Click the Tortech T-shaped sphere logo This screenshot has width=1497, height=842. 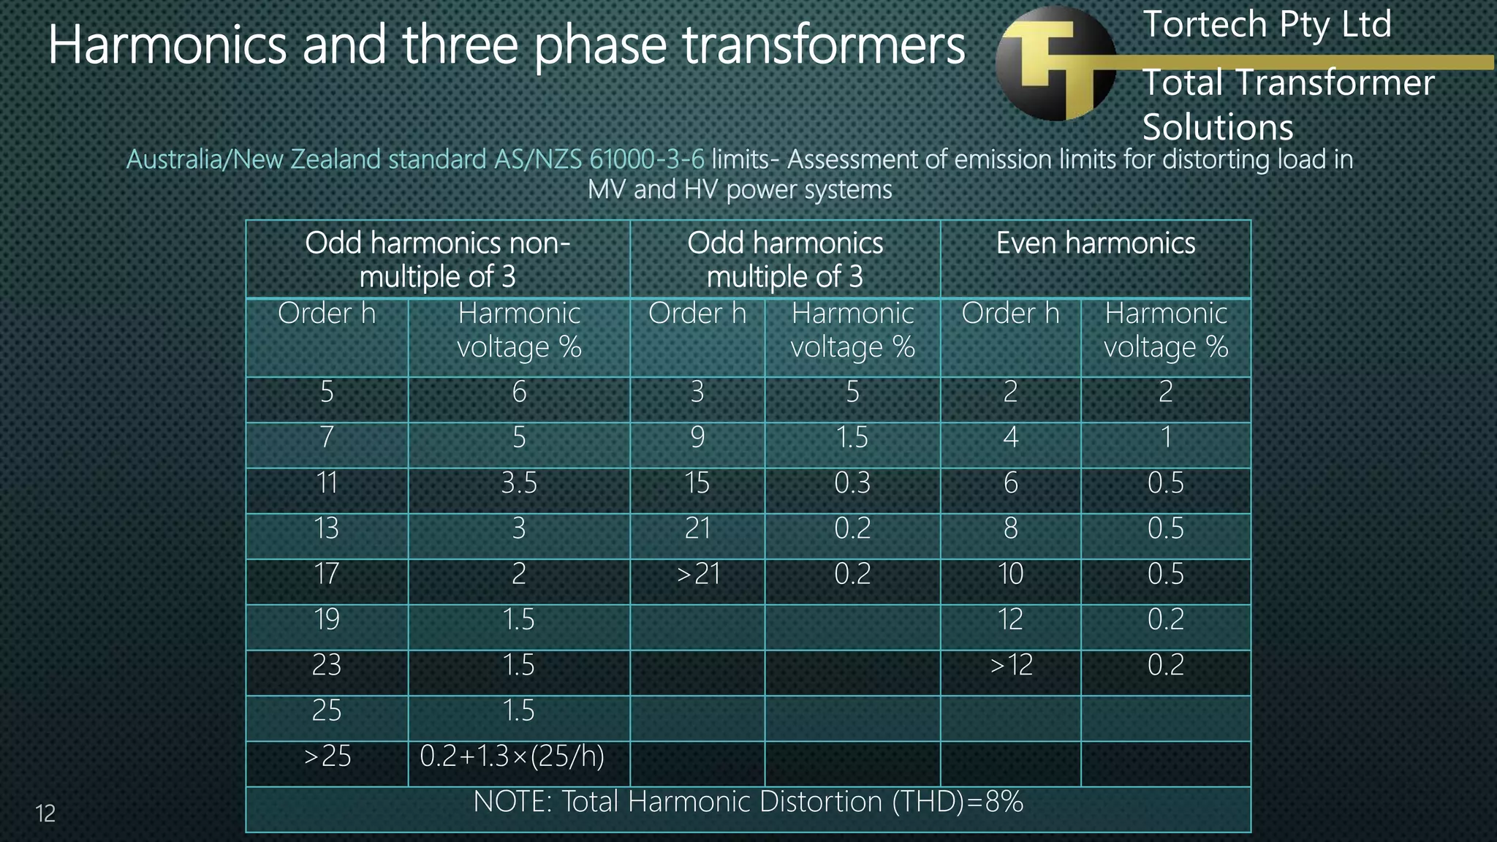pyautogui.click(x=1056, y=64)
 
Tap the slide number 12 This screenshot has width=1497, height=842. pyautogui.click(x=45, y=813)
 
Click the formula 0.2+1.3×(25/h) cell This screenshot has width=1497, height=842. pyautogui.click(x=512, y=756)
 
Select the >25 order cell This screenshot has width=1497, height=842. pyautogui.click(x=327, y=756)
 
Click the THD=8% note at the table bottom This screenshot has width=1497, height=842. pyautogui.click(x=748, y=803)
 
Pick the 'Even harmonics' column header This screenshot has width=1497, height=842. pyautogui.click(x=1095, y=243)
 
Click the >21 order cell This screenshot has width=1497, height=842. pyautogui.click(x=698, y=574)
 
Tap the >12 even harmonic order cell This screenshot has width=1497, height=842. pyautogui.click(x=1011, y=665)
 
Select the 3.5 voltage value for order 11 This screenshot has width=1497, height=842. pyautogui.click(x=519, y=483)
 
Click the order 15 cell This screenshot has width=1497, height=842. pyautogui.click(x=697, y=483)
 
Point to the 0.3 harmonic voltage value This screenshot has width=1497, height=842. pyautogui.click(x=852, y=483)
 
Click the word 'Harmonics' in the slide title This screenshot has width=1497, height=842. pyautogui.click(x=167, y=45)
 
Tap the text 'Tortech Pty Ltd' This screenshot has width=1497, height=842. pyautogui.click(x=1267, y=25)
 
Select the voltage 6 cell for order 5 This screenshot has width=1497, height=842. pyautogui.click(x=519, y=392)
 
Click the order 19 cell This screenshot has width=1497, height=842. pyautogui.click(x=327, y=620)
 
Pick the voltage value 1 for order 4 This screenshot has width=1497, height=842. pyautogui.click(x=1165, y=438)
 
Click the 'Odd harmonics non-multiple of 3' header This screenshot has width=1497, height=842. pyautogui.click(x=437, y=259)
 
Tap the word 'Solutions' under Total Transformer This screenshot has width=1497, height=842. pyautogui.click(x=1218, y=128)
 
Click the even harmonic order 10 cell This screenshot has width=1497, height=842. pyautogui.click(x=1011, y=574)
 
